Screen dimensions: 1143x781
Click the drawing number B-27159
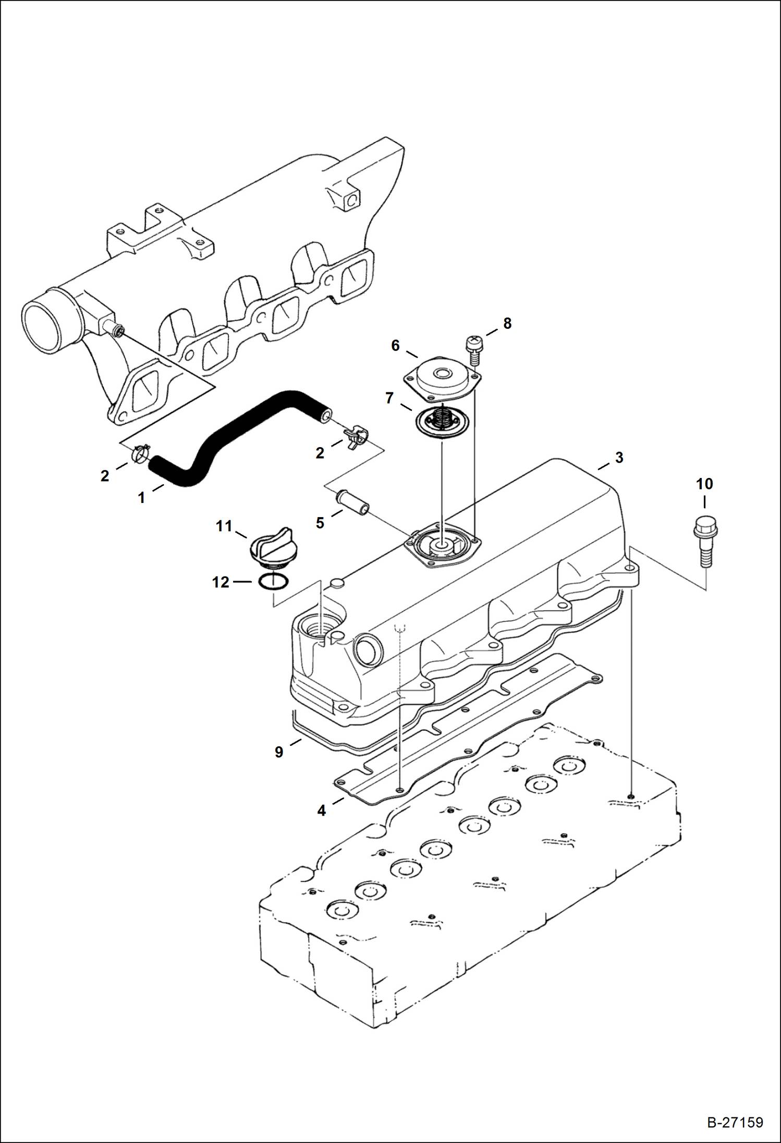point(735,1122)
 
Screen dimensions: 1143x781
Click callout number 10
point(704,484)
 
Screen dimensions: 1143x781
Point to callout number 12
point(221,582)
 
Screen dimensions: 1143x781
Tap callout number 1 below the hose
point(141,498)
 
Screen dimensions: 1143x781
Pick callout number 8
point(507,324)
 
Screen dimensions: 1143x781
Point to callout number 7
point(389,398)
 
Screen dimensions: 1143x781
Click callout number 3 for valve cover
point(619,458)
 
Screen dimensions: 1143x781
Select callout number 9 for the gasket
point(279,752)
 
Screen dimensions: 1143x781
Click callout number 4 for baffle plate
point(322,810)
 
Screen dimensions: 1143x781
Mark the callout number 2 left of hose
point(105,475)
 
